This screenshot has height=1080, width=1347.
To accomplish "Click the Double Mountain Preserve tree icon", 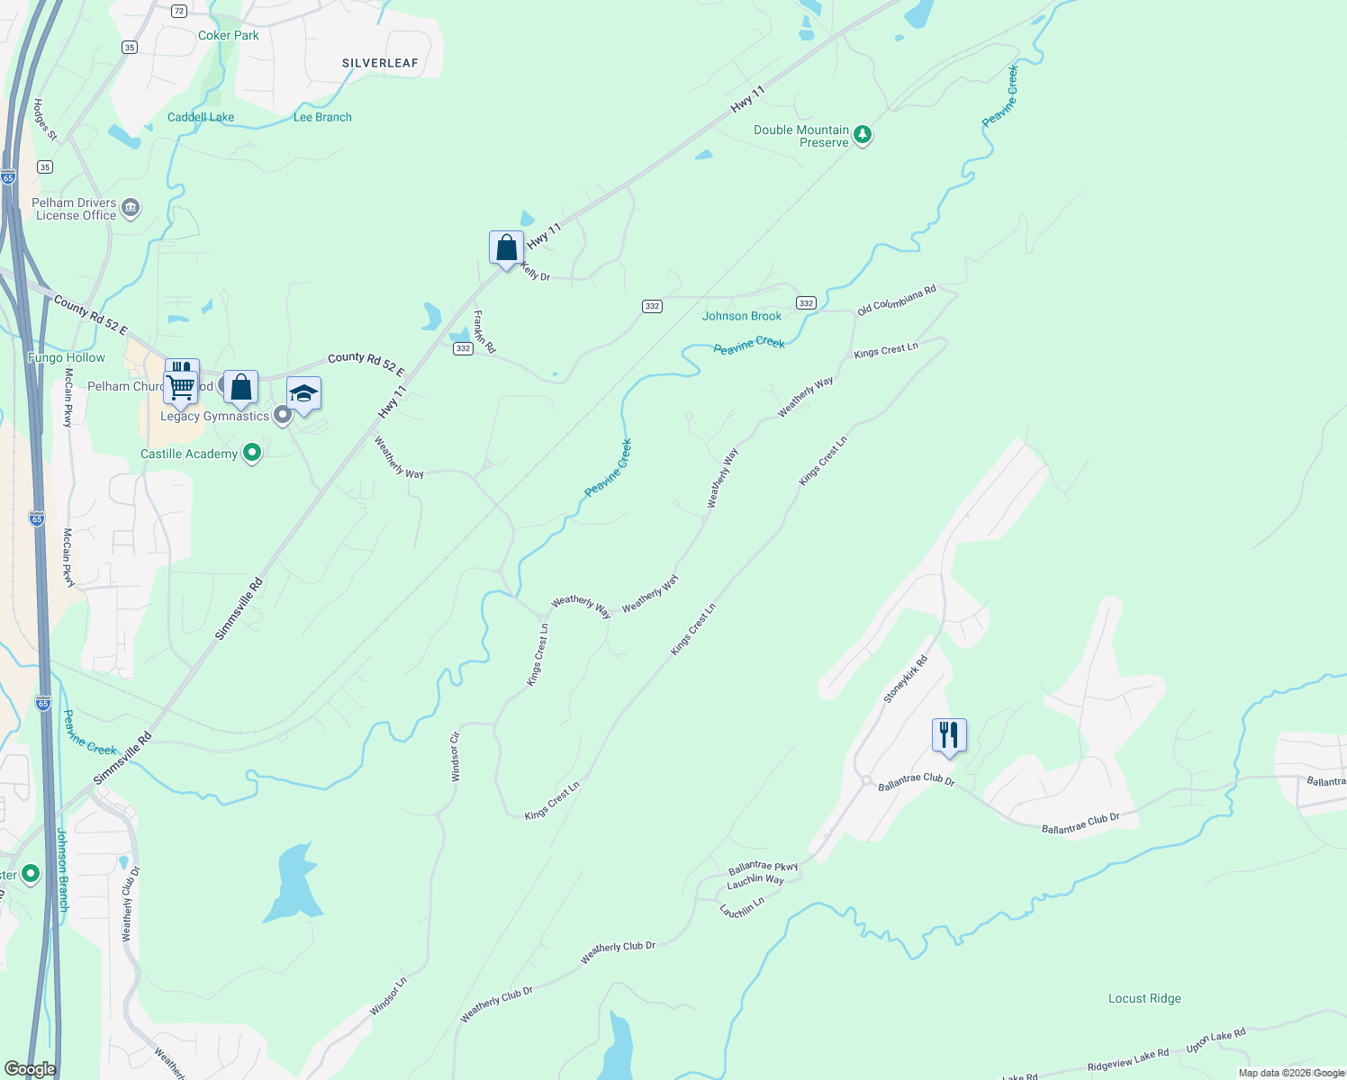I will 863,135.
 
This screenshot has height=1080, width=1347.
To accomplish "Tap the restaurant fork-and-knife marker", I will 949,735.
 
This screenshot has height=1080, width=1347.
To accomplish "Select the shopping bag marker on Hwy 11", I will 506,247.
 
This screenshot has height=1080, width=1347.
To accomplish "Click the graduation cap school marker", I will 303,393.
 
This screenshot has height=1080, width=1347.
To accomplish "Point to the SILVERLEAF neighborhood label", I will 380,63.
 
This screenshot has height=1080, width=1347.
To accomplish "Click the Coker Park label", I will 228,35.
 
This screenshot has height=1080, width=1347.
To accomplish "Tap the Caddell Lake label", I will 200,117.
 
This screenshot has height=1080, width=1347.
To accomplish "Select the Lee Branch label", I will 322,117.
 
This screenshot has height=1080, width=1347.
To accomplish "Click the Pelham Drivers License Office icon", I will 131,209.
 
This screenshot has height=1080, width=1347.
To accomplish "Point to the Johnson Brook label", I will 742,316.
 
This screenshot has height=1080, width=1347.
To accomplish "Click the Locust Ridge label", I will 1144,998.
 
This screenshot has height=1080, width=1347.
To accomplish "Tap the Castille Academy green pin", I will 252,453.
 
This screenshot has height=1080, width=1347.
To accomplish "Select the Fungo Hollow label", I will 67,357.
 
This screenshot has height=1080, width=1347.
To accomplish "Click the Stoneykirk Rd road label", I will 905,679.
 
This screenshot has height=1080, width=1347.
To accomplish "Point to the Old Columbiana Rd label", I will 896,300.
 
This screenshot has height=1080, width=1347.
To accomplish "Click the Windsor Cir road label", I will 456,756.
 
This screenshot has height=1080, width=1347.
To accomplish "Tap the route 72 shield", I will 178,11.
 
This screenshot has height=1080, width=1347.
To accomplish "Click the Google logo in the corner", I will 30,1069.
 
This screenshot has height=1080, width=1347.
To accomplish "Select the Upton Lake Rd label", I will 1216,1041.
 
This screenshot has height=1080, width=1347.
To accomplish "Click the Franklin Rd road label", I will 484,331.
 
